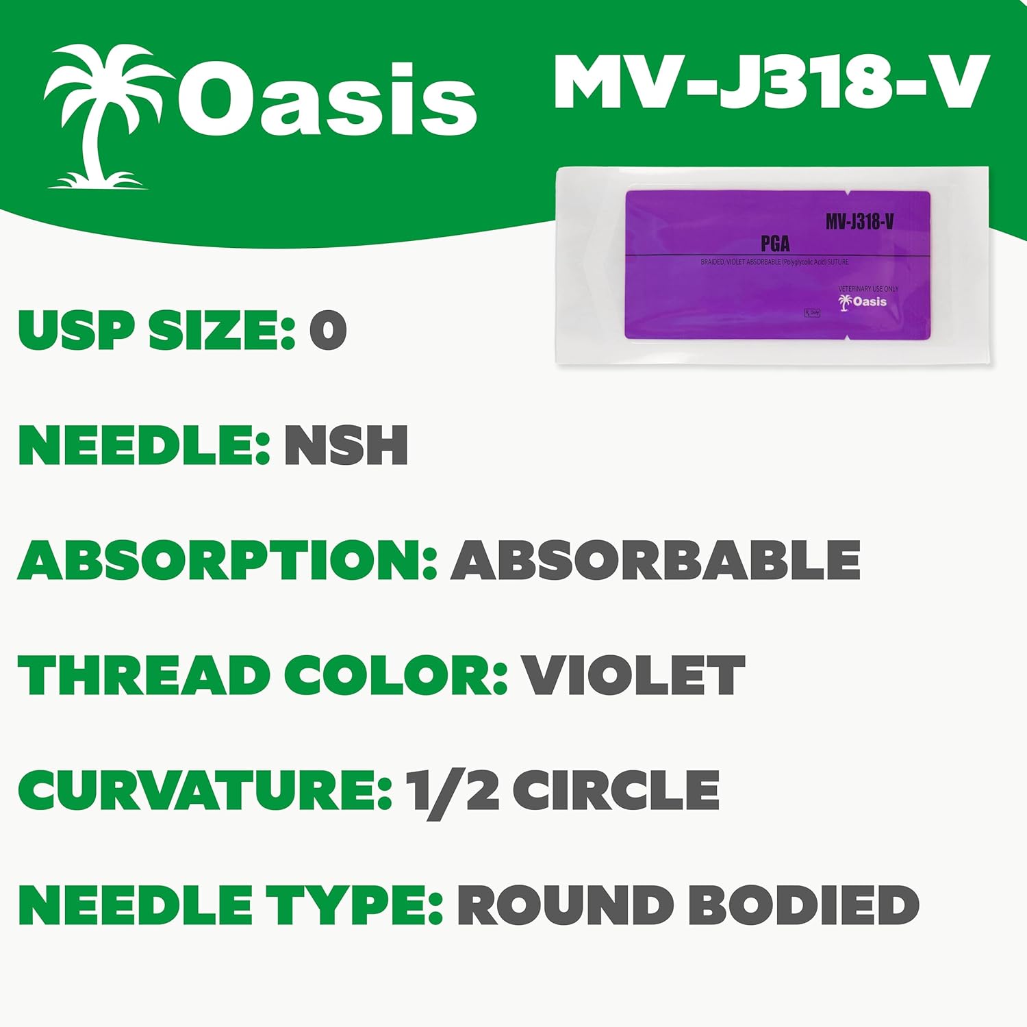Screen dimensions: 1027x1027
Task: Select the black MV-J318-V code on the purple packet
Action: tap(859, 221)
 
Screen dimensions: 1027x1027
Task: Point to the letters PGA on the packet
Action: tap(775, 243)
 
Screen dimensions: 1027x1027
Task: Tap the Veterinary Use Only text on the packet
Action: tap(867, 289)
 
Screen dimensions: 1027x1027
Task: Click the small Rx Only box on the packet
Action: tap(812, 313)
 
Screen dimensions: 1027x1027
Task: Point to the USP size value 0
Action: tap(328, 331)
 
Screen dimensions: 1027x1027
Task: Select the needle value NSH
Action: tap(346, 446)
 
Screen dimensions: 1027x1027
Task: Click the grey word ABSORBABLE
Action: tap(655, 560)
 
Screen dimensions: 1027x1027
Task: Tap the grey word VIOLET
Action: tap(634, 675)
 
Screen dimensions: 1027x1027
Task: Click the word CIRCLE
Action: tap(616, 790)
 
